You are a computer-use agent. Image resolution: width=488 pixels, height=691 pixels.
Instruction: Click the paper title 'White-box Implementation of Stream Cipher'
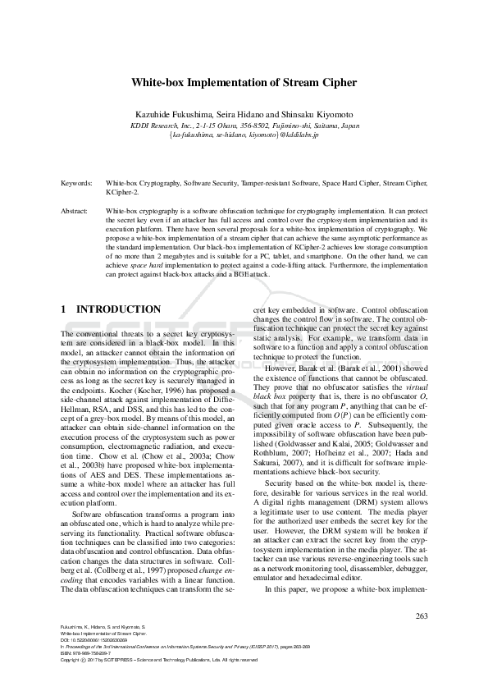[x=244, y=83]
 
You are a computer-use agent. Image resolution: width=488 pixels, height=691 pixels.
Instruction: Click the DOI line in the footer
[x=92, y=641]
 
